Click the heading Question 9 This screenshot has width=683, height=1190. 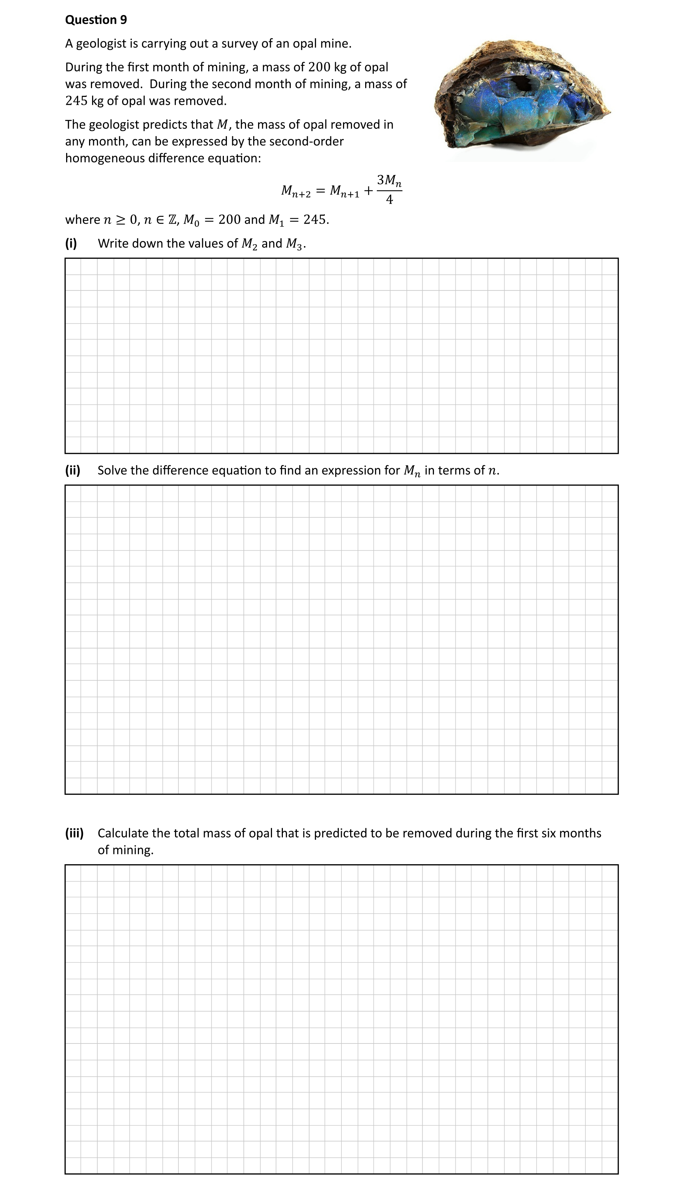(x=96, y=20)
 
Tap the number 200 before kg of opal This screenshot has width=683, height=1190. (x=319, y=67)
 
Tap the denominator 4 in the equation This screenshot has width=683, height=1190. (x=389, y=200)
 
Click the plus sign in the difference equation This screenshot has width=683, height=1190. (x=369, y=191)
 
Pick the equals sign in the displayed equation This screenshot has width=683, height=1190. (x=320, y=191)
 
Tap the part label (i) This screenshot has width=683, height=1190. (x=71, y=243)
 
